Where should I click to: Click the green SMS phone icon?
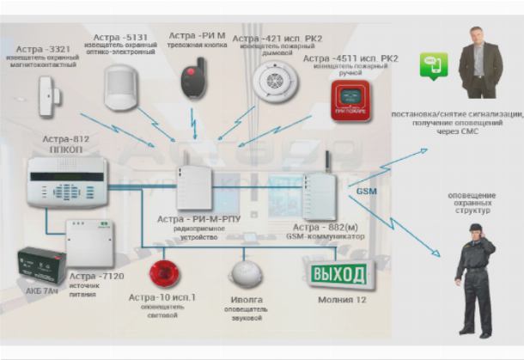pos(432,64)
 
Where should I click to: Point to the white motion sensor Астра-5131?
pos(120,84)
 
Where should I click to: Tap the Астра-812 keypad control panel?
pos(65,180)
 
